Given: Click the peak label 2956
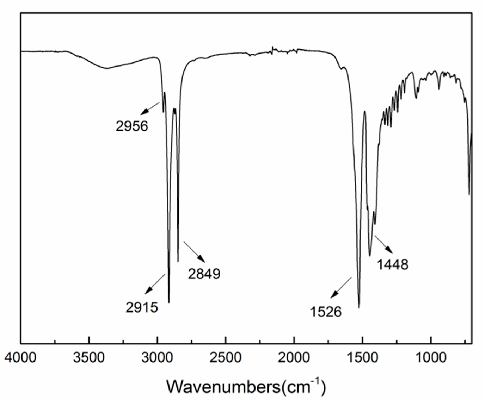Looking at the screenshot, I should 132,126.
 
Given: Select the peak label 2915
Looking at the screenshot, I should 142,307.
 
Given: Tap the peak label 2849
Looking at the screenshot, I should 204,274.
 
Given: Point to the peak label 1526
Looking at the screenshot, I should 326,312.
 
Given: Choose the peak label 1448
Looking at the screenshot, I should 393,264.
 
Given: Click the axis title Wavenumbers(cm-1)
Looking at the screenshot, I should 246,386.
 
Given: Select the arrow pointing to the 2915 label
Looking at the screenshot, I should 155,284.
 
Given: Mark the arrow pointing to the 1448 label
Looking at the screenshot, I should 383,244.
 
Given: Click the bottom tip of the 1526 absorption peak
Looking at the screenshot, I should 359,308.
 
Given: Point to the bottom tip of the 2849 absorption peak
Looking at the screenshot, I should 178,262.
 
